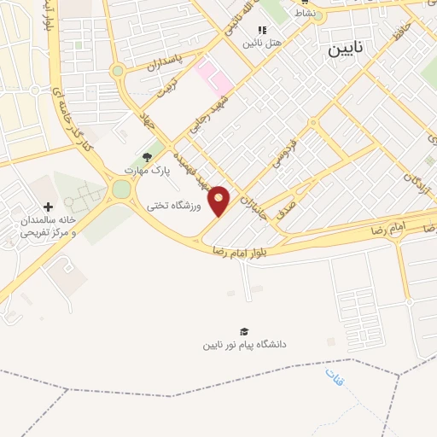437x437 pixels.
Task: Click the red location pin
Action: point(219,200)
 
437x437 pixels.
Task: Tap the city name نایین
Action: point(347,50)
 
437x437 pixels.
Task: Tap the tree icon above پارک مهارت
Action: point(147,157)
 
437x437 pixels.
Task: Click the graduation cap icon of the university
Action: point(245,331)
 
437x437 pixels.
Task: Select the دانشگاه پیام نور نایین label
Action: point(245,344)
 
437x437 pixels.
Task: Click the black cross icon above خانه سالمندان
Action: point(48,207)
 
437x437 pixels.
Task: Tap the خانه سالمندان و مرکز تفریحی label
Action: point(45,225)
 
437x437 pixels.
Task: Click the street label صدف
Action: point(288,202)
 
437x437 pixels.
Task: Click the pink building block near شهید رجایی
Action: point(213,74)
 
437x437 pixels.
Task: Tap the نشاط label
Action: point(304,13)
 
